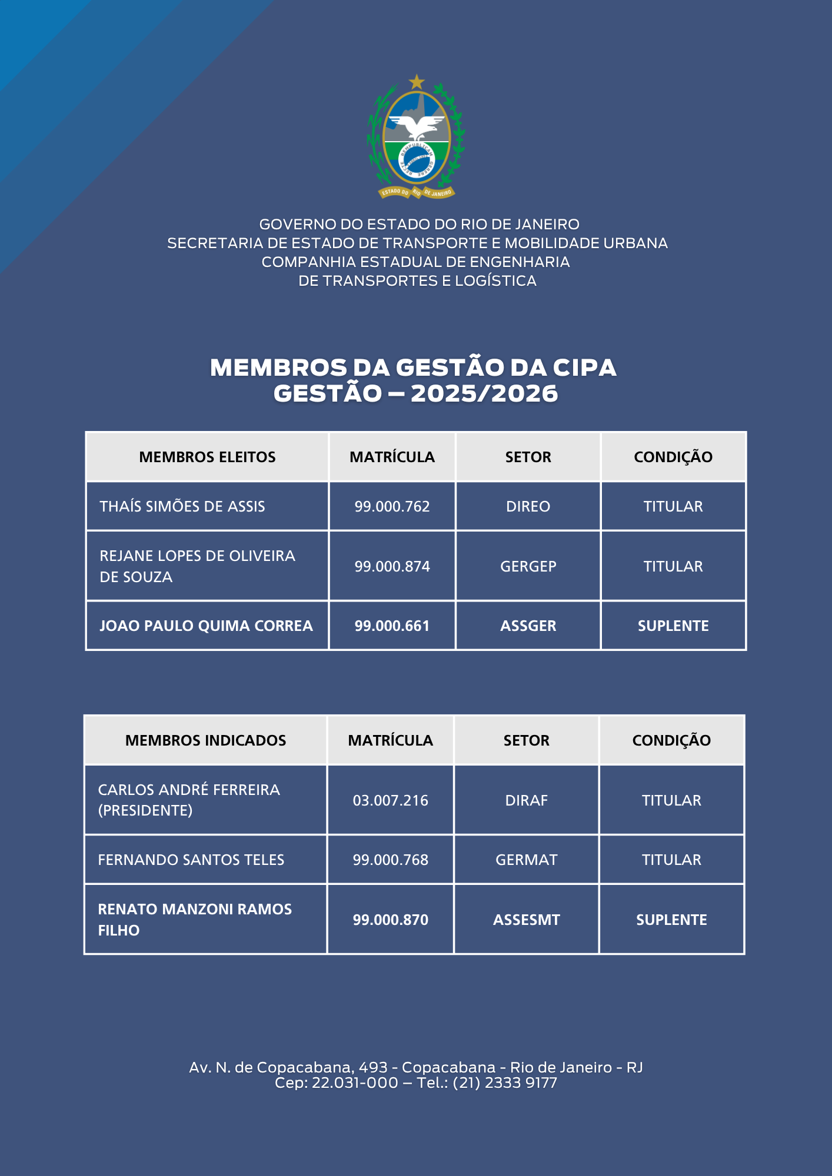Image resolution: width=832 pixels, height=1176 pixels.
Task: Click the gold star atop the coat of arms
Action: tap(417, 81)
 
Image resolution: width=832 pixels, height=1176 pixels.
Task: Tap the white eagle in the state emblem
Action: tap(417, 125)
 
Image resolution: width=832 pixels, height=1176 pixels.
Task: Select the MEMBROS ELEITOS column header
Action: tap(207, 457)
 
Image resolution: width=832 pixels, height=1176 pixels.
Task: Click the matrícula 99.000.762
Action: tap(392, 506)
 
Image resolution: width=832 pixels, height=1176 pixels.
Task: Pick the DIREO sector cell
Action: tap(528, 506)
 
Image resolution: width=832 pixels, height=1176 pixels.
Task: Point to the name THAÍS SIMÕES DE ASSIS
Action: tap(182, 506)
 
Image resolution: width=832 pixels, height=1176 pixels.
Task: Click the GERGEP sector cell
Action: tap(528, 566)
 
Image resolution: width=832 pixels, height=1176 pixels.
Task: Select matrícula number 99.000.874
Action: tap(392, 566)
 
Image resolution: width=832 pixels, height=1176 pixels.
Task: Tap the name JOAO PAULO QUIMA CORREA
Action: tap(206, 626)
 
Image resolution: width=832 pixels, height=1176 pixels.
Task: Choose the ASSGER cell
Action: tap(528, 626)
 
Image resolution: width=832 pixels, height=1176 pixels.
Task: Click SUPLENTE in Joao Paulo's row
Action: tap(673, 626)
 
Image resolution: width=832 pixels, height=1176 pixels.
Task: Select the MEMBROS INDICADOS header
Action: tap(205, 740)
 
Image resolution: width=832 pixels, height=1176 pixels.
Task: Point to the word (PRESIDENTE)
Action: tap(145, 810)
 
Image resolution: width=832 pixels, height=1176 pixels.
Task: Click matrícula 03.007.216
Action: tap(390, 800)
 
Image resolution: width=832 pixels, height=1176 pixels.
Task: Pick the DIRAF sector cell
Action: tap(526, 800)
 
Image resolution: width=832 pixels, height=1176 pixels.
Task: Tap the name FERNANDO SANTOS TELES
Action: tap(191, 860)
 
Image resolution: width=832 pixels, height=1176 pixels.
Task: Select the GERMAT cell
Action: tap(526, 860)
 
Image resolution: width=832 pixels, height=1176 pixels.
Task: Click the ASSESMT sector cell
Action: tap(526, 920)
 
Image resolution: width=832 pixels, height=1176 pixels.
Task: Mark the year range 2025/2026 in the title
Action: tap(484, 393)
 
